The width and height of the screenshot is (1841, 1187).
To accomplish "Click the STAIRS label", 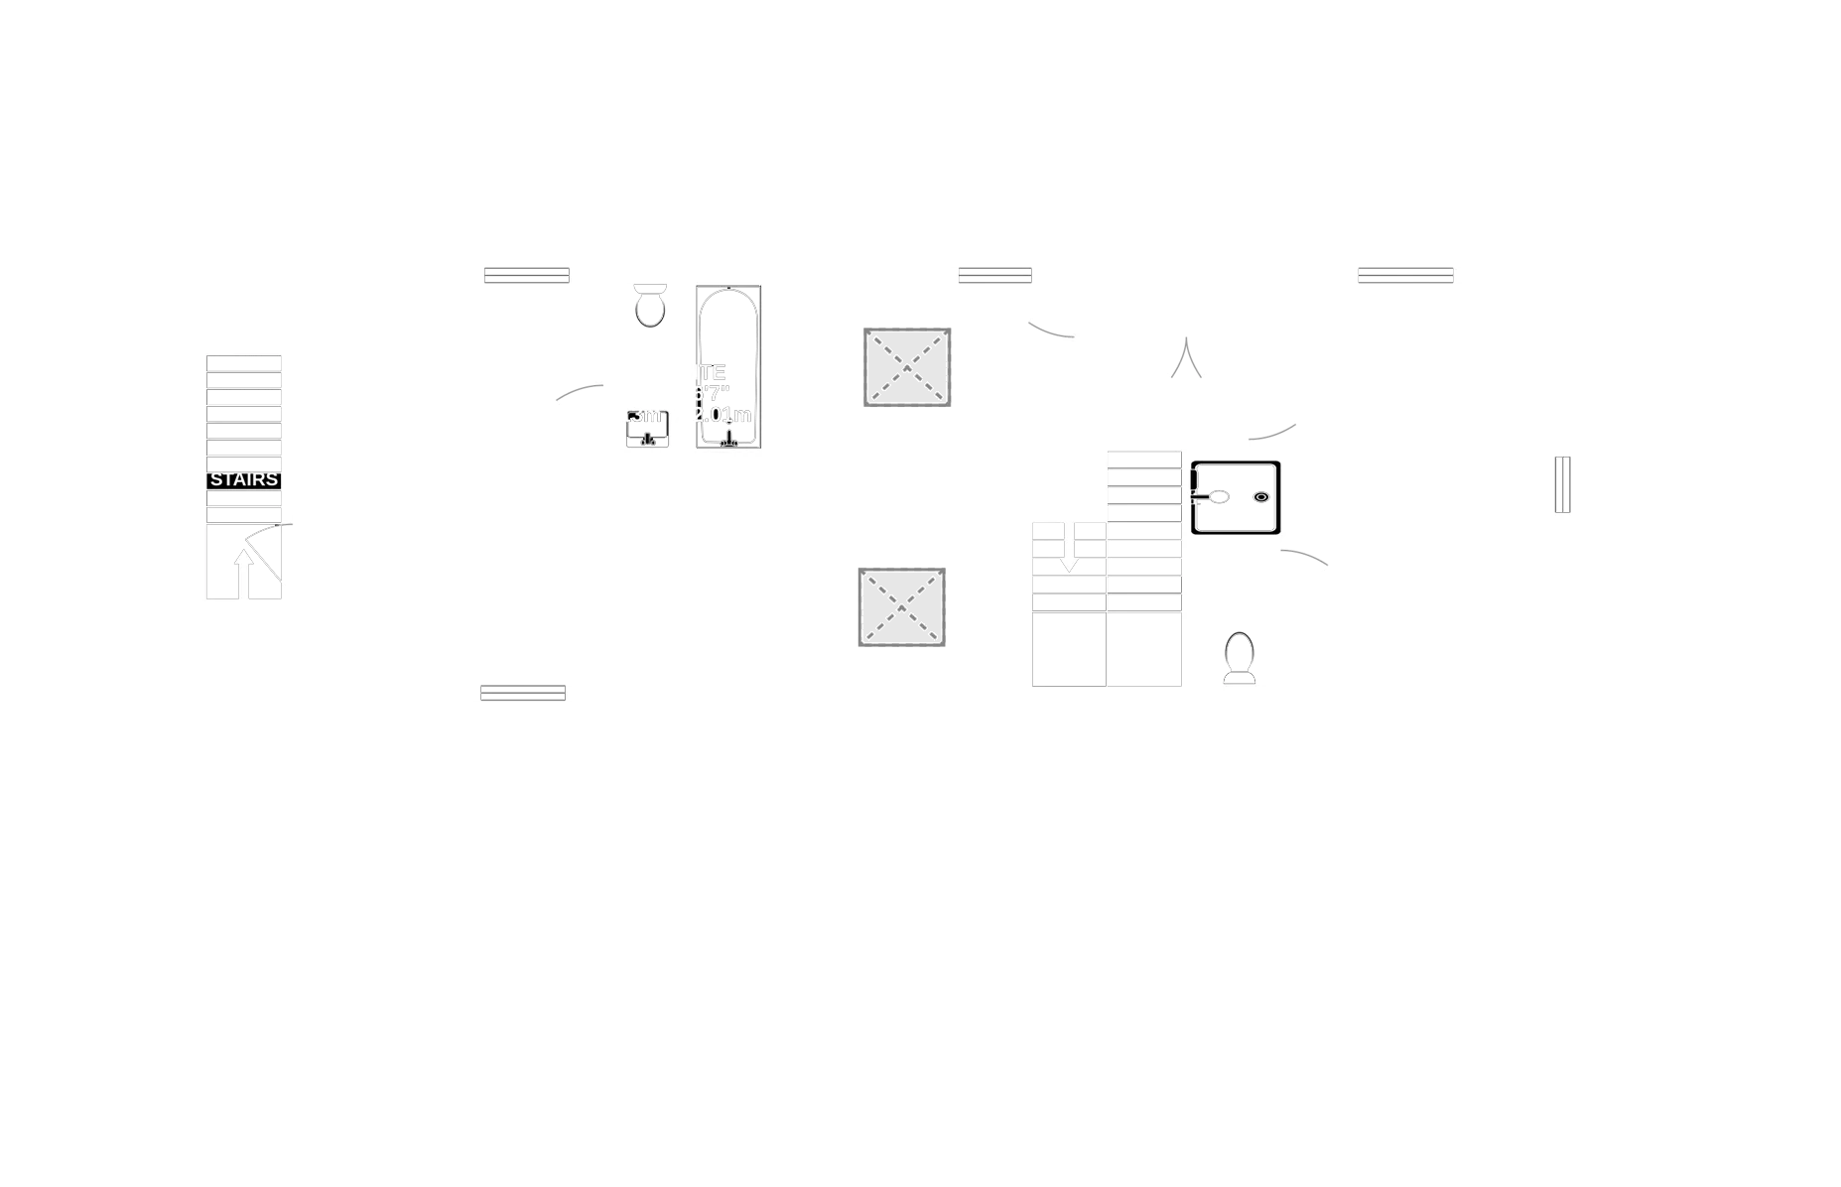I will point(244,480).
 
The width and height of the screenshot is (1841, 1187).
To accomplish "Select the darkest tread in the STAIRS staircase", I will point(244,398).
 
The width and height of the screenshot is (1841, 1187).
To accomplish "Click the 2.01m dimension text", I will point(723,415).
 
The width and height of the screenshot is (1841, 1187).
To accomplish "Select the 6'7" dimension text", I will point(711,393).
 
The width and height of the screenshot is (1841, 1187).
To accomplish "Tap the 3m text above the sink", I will point(645,414).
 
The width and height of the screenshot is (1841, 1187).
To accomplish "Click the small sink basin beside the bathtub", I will point(648,434).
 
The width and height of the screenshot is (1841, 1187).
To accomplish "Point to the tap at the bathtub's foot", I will point(729,438).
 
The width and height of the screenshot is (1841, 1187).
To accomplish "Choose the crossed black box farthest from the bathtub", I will point(905,607).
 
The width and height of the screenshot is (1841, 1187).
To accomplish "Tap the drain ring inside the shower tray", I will point(1261,497).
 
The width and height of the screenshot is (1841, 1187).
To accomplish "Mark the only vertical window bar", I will point(1560,484).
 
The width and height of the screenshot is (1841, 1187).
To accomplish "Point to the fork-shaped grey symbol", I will point(1187,359).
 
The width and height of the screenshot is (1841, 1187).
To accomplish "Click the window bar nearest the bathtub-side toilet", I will point(527,274).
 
